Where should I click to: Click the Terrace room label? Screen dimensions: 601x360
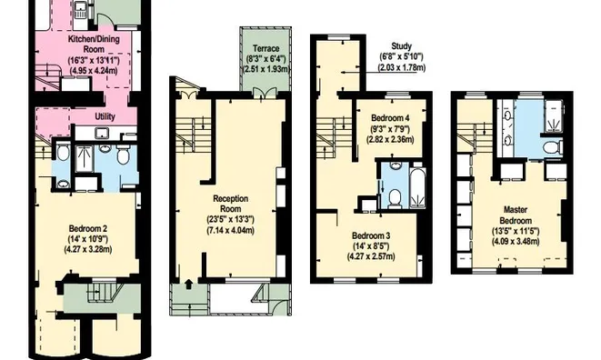(x=266, y=49)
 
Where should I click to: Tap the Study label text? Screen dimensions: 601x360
(x=401, y=46)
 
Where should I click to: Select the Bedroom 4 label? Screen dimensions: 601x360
(x=387, y=118)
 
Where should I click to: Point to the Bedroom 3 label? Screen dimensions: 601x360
(x=371, y=235)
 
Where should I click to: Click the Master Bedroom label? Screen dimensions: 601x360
(x=516, y=215)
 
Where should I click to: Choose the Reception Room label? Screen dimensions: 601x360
(x=231, y=204)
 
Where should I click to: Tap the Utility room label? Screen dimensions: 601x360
(x=105, y=116)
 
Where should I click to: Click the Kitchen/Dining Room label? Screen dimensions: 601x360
(x=94, y=44)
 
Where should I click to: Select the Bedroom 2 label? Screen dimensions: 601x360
(x=88, y=229)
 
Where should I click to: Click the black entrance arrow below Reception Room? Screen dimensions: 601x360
(x=188, y=284)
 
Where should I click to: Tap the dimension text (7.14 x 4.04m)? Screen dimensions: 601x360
(x=230, y=230)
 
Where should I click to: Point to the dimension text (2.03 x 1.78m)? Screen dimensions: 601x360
(x=402, y=67)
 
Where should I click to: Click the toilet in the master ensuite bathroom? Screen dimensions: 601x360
(x=552, y=147)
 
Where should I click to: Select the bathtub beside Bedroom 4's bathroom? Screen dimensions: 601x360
(x=417, y=185)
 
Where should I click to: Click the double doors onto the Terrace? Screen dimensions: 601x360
(x=265, y=93)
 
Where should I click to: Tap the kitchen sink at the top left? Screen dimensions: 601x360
(x=81, y=10)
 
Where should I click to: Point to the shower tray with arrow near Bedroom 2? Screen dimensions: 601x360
(x=85, y=158)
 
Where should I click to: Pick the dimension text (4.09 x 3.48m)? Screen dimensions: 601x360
(x=516, y=242)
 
